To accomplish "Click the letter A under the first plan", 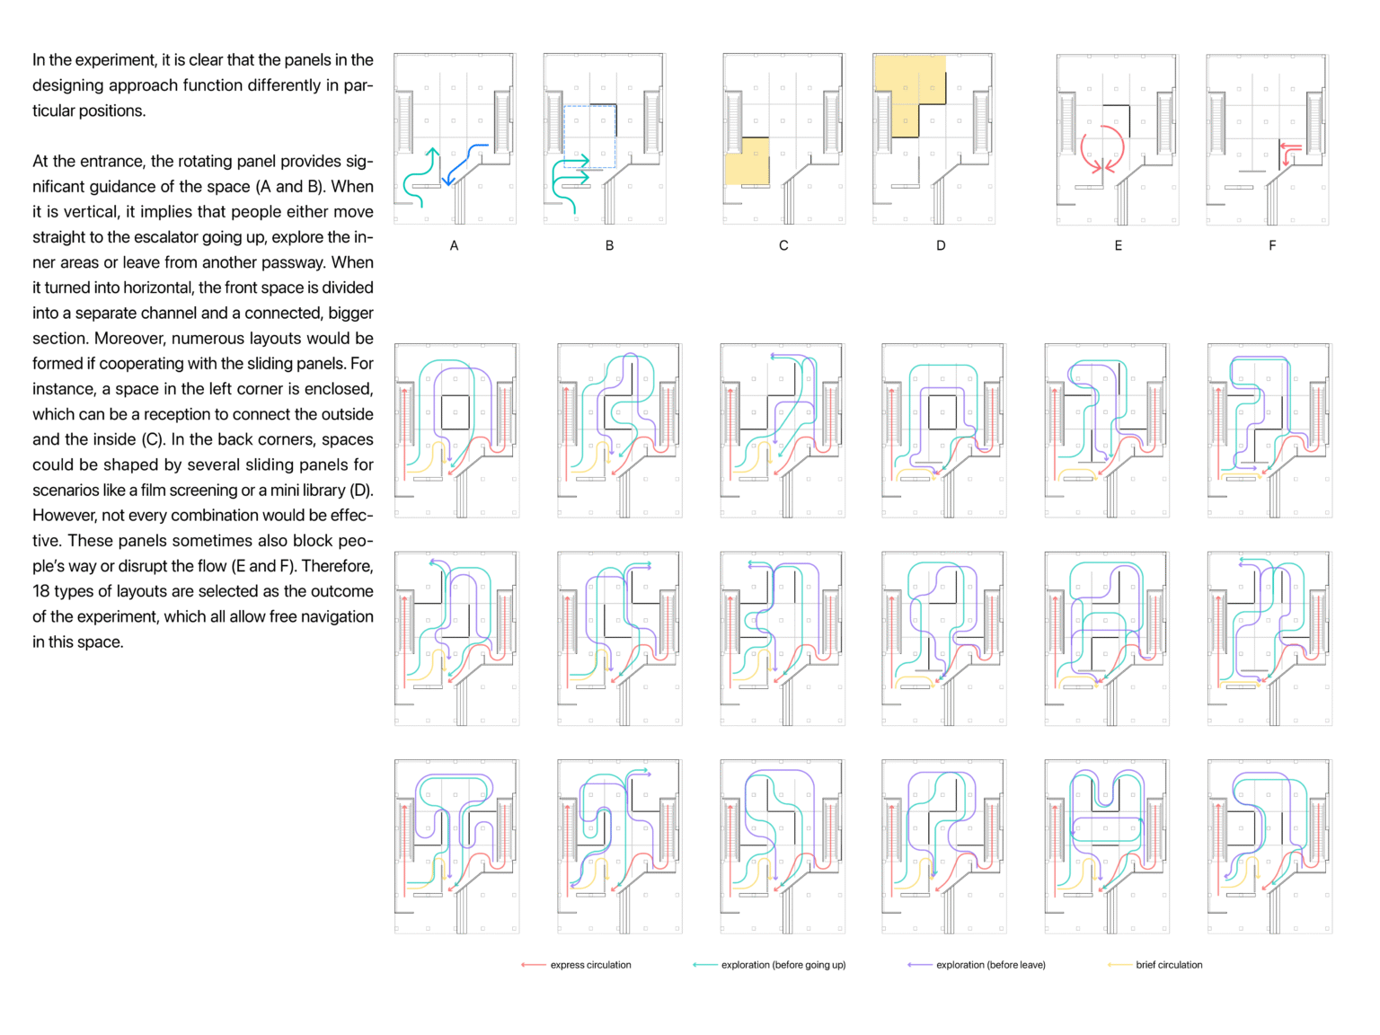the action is (x=454, y=245).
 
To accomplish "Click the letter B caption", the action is (x=609, y=245).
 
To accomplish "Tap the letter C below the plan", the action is (x=783, y=245).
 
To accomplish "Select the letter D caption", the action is (x=941, y=245).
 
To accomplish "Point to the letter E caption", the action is (x=1118, y=245).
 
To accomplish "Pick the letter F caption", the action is (x=1272, y=245).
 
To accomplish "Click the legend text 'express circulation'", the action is (x=590, y=965).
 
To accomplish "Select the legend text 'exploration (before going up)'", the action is (x=783, y=965).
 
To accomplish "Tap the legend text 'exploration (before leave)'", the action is (x=991, y=965).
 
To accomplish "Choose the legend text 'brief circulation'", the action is (x=1169, y=965).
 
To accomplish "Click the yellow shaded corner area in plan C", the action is (x=747, y=162).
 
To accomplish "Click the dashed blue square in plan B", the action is (x=589, y=137).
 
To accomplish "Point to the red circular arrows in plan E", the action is (x=1102, y=149).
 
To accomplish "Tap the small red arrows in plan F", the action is (x=1289, y=152).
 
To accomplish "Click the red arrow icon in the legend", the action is (x=533, y=965).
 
